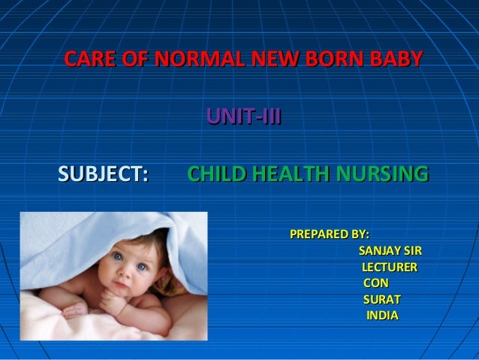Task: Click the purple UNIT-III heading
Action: point(244,116)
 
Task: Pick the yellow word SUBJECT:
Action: point(103,175)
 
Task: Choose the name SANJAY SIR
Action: point(390,250)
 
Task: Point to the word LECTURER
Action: point(390,267)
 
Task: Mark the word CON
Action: point(376,283)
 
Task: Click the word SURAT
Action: point(382,299)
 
